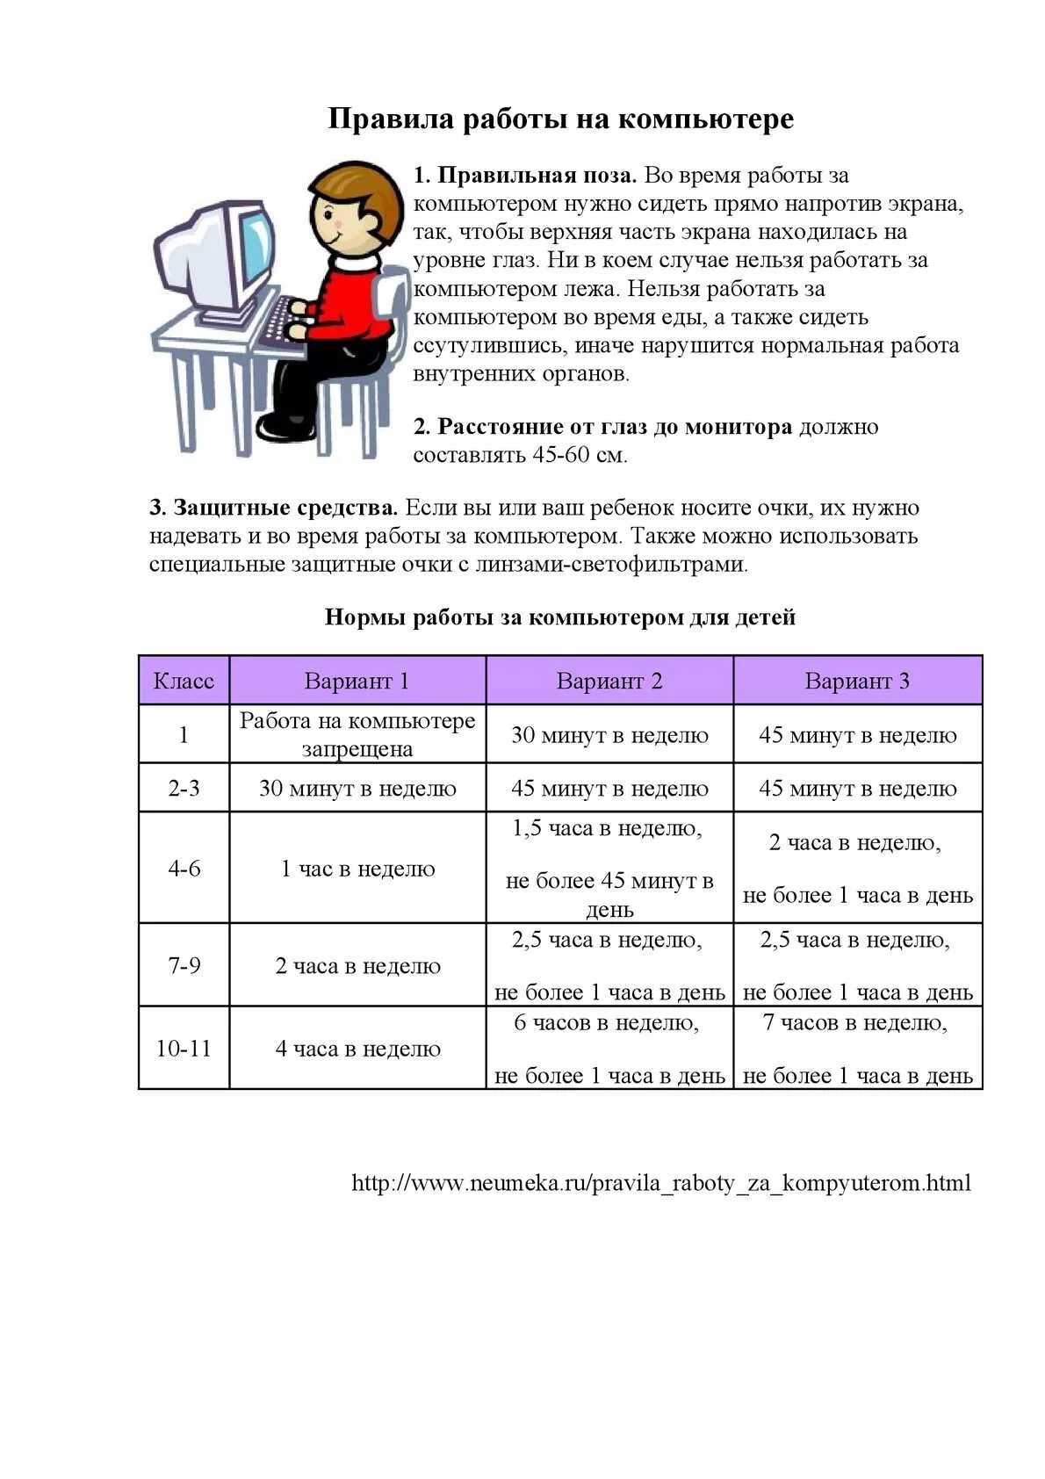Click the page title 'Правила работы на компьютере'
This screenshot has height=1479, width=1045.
point(560,119)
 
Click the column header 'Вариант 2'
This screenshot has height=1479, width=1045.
point(609,681)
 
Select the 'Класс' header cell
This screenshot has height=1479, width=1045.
point(184,681)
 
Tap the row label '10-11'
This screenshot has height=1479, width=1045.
point(184,1048)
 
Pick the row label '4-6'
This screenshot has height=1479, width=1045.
point(184,868)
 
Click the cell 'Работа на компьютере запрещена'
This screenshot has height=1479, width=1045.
point(357,734)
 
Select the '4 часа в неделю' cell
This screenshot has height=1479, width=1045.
point(357,1048)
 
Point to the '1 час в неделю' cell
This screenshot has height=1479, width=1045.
point(357,868)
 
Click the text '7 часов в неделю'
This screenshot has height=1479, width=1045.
point(855,1022)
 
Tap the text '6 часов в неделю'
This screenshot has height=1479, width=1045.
point(607,1022)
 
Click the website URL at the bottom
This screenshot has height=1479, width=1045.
point(661,1182)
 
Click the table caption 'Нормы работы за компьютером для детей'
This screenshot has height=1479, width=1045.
point(560,617)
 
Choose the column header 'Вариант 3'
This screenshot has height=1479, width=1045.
point(857,681)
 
